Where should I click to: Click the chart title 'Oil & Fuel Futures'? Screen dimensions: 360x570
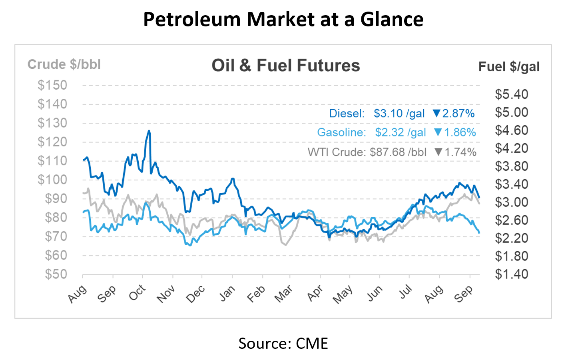[x=285, y=66]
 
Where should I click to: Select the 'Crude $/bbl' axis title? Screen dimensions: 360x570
[x=64, y=64]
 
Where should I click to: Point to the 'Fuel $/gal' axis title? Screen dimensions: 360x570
[x=509, y=66]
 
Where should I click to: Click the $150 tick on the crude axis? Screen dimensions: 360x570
[x=52, y=85]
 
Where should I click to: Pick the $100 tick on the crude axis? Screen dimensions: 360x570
[x=52, y=180]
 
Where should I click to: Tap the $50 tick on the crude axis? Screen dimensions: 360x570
[x=56, y=274]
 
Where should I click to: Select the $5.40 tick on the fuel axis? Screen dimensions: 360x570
[x=511, y=94]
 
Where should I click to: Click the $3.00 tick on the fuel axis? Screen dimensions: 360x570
[x=511, y=202]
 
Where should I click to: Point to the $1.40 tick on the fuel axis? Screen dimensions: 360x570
[x=511, y=274]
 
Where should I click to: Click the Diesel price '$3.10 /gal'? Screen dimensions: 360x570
[x=399, y=114]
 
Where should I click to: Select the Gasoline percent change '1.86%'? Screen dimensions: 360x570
[x=460, y=132]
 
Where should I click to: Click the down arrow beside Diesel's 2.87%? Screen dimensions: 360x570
[x=436, y=114]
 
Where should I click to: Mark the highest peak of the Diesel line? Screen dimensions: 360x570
[x=149, y=131]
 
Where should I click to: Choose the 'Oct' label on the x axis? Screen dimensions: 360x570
[x=137, y=293]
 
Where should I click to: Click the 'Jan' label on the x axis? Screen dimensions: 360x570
[x=227, y=293]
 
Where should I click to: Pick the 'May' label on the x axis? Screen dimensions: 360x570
[x=343, y=294]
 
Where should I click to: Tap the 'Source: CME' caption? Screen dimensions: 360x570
[x=283, y=343]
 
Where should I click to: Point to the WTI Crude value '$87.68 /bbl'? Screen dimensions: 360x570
[x=398, y=152]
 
